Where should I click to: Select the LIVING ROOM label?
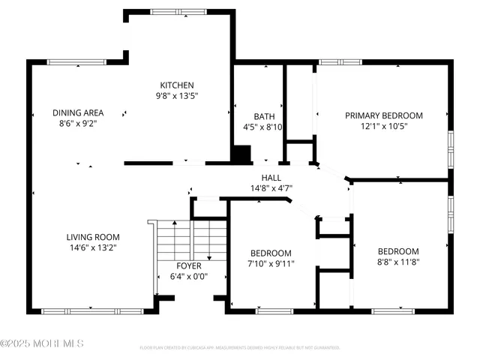coord(94,237)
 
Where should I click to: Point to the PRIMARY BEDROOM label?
coord(383,115)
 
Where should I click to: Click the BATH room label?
coord(263,116)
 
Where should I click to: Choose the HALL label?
coord(271,177)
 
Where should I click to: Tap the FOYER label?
coord(188,265)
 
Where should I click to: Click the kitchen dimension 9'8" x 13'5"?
coord(177,96)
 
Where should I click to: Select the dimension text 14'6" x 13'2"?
coord(94,247)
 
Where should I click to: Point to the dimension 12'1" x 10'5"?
coord(383,126)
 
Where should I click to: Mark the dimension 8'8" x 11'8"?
coord(397,262)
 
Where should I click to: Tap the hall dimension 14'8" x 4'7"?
coord(271,187)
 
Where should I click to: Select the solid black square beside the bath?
coord(241,154)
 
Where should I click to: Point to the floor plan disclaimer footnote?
coord(239,348)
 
